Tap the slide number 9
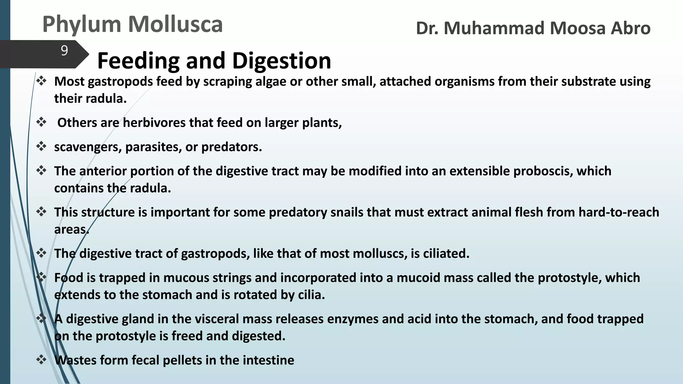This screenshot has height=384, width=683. (64, 51)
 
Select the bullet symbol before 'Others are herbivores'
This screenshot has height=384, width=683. (41, 122)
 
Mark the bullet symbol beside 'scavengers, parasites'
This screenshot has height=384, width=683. (41, 147)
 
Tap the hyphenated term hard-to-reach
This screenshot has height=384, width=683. (619, 212)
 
